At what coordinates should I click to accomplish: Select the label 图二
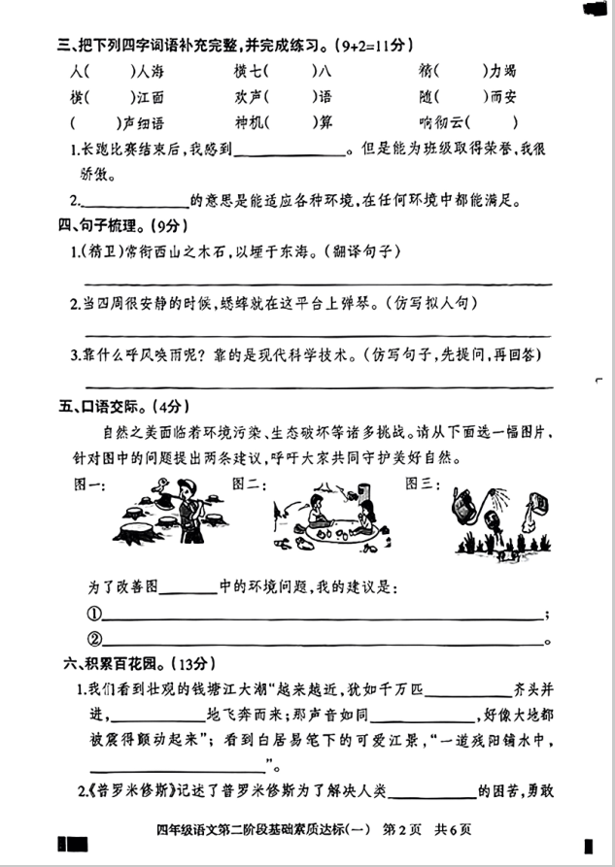click(245, 484)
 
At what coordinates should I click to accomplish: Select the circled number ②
click(94, 639)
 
